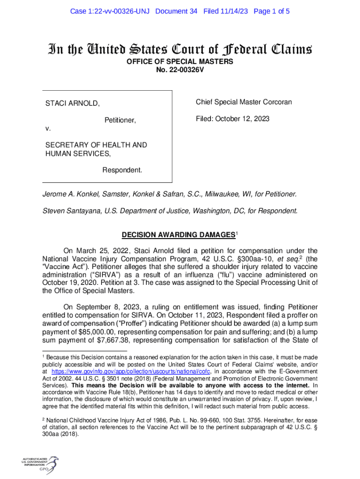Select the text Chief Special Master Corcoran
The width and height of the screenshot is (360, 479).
(x=244, y=102)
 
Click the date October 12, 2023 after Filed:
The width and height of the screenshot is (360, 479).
(x=246, y=119)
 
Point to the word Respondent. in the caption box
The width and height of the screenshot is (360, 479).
(x=122, y=169)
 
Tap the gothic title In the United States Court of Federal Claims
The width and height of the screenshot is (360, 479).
(x=179, y=49)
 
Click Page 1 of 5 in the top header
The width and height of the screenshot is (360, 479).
(x=272, y=11)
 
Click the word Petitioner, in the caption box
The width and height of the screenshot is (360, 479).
(x=120, y=121)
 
